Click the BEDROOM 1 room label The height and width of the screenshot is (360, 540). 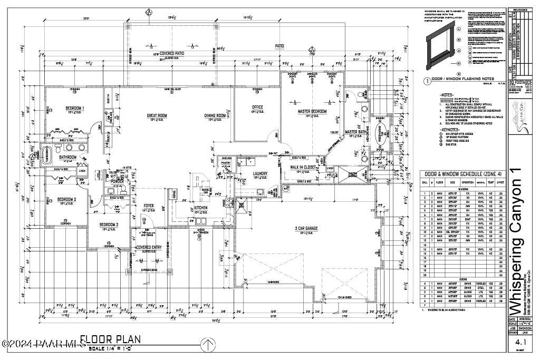tap(75, 109)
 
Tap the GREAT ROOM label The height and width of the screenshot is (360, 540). tap(157, 115)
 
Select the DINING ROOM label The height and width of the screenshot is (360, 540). tap(215, 115)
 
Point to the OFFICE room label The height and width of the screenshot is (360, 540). tap(257, 108)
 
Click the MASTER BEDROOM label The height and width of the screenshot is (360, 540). tap(312, 112)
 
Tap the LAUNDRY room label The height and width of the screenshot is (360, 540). tap(260, 173)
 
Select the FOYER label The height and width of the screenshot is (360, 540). tap(149, 206)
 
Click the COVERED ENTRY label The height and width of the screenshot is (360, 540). tap(149, 247)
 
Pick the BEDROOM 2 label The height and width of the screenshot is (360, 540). tap(67, 199)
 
